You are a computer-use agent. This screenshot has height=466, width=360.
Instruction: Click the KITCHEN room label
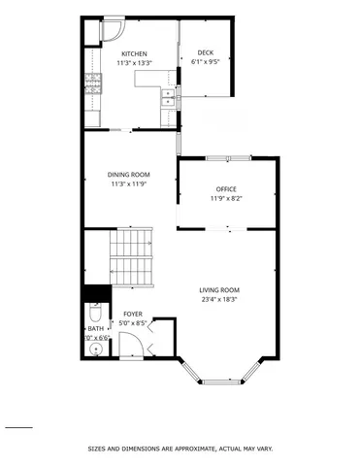click(x=134, y=54)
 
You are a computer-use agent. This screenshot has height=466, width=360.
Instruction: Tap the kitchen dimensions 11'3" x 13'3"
click(x=134, y=63)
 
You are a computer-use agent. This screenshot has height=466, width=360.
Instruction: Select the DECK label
click(x=206, y=52)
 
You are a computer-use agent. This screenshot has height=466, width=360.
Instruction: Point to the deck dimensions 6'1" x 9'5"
click(x=206, y=61)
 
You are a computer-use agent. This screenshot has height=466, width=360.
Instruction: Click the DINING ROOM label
click(x=128, y=175)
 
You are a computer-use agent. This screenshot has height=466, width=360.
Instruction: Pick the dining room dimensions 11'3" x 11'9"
click(x=128, y=183)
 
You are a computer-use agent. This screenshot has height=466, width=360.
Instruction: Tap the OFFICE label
click(x=226, y=189)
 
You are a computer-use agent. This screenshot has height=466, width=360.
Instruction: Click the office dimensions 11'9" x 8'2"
click(x=226, y=198)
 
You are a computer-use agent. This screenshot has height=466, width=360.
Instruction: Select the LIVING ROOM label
click(x=219, y=290)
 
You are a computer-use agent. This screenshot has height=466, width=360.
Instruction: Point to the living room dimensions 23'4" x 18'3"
click(x=219, y=299)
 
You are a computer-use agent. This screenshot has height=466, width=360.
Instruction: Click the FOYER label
click(x=133, y=315)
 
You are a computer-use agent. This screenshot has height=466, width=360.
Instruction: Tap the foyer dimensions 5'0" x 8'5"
click(x=133, y=323)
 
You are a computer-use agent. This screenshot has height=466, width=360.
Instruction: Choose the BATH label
click(x=96, y=329)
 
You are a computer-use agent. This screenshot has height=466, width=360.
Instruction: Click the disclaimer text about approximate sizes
click(x=180, y=449)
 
